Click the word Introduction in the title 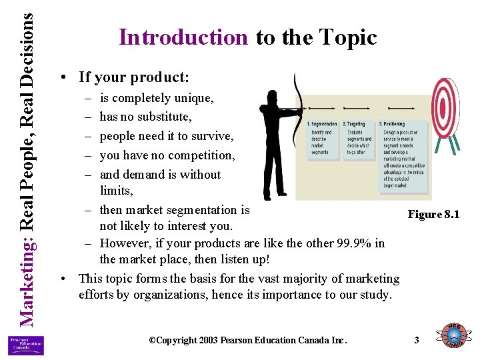183,37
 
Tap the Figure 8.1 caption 433,214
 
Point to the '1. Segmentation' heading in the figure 322,125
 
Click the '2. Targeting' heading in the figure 354,125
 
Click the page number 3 417,341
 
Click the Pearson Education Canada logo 26,345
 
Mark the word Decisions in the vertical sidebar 26,47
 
